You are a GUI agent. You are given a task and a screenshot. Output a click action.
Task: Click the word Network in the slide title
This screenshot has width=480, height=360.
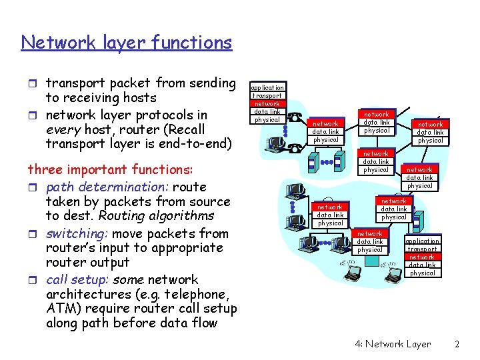(x=47, y=43)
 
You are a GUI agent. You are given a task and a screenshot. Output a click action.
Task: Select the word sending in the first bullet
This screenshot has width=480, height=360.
(x=212, y=83)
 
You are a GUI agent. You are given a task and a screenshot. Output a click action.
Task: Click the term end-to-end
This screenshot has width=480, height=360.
(x=194, y=144)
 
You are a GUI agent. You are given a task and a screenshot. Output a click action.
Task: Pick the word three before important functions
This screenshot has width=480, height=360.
(x=45, y=170)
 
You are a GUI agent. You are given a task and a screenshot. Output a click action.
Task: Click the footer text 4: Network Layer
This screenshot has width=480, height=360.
(x=393, y=344)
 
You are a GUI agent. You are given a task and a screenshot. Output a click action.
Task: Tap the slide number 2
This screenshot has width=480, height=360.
(x=457, y=344)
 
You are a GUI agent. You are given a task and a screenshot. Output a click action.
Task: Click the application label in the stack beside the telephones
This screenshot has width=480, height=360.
(x=267, y=87)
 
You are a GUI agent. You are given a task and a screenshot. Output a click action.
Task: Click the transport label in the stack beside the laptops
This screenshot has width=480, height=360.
(x=422, y=249)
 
